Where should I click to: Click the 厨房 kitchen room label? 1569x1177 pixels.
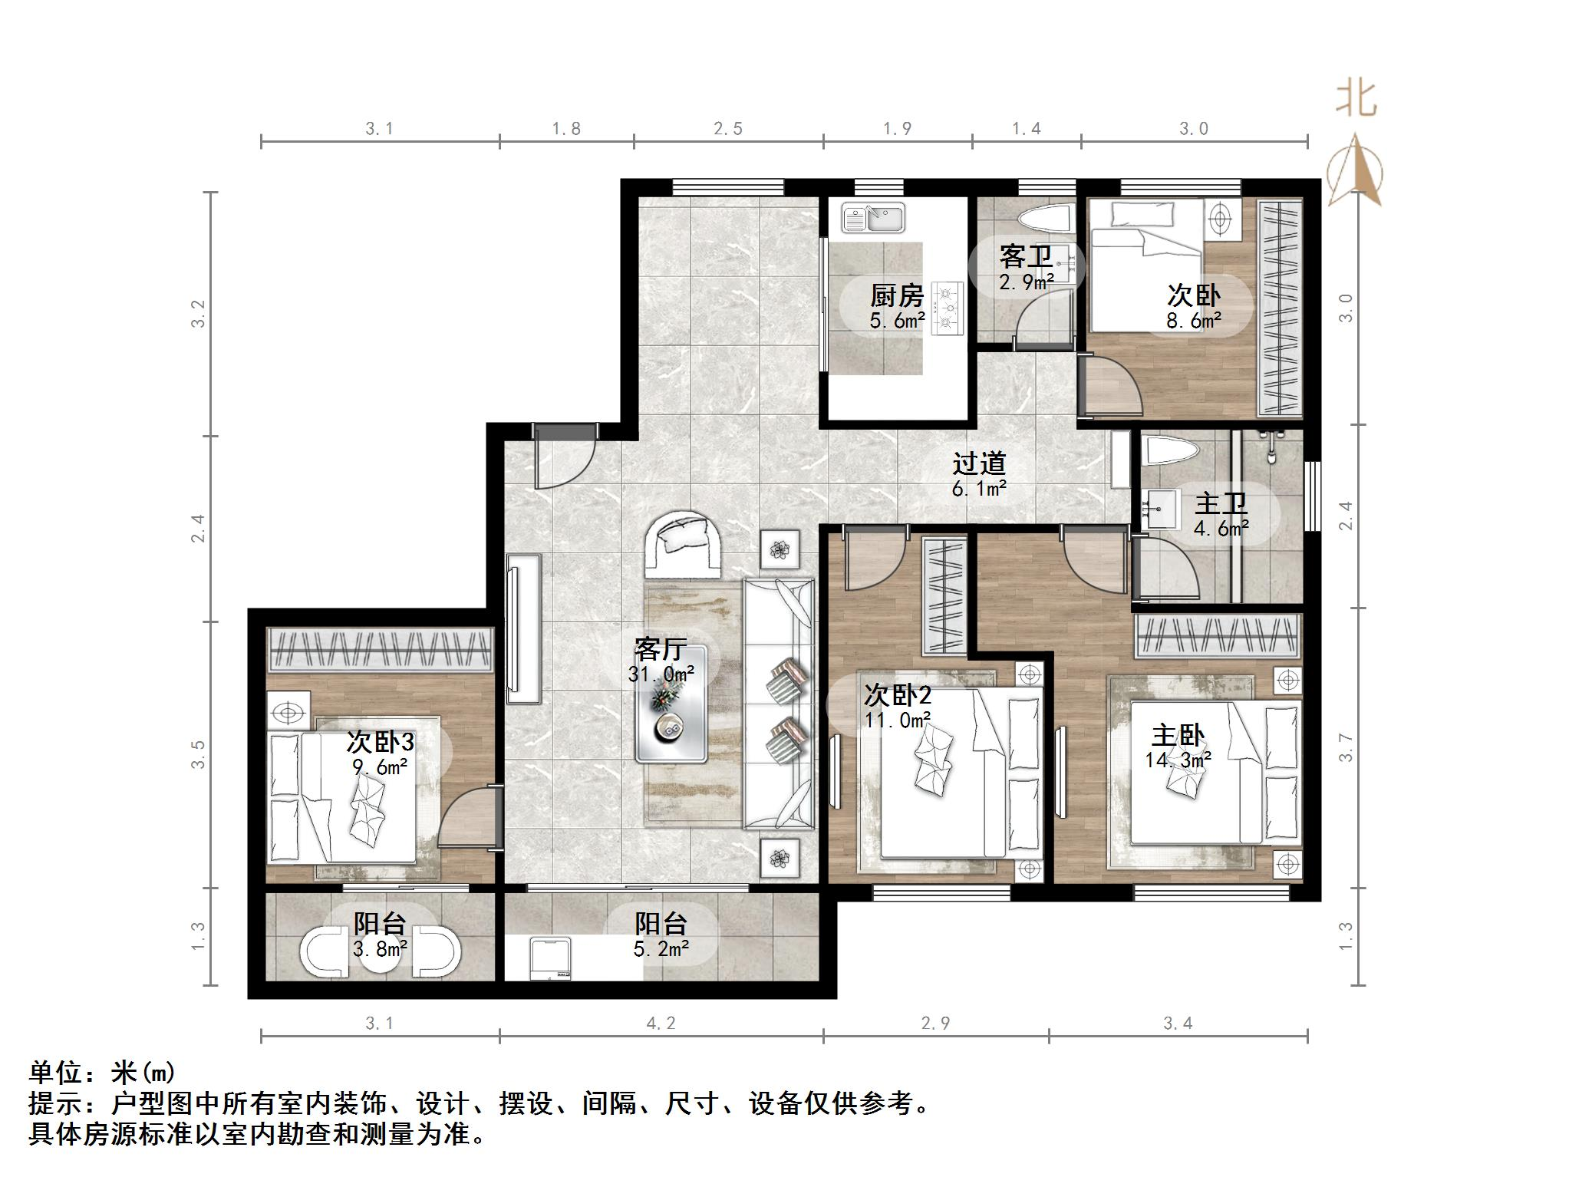pos(896,295)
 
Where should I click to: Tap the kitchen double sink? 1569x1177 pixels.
pos(873,217)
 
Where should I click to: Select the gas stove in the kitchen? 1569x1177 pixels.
pos(948,308)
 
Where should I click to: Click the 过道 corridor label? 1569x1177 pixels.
pos(978,463)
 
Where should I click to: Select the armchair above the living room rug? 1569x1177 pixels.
pos(683,543)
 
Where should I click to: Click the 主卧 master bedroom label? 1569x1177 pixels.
pos(1178,736)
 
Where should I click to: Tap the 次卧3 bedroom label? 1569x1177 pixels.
pos(381,741)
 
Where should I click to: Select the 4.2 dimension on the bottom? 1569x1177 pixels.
pos(661,1023)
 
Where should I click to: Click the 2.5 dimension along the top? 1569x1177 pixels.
pos(727,129)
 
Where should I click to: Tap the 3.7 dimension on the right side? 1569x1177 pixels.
pos(1345,747)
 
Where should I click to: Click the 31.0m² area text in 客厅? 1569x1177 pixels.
pos(661,674)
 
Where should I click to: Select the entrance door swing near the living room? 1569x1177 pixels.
pos(564,458)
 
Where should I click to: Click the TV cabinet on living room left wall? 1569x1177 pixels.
pos(524,628)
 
